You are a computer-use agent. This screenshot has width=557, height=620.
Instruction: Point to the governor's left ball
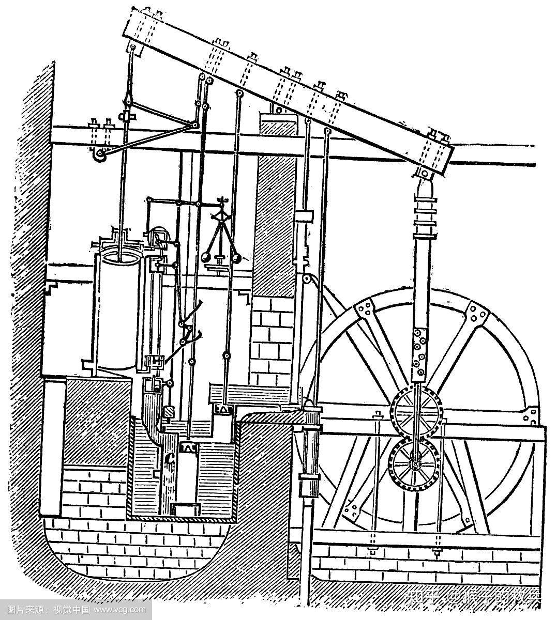205,257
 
